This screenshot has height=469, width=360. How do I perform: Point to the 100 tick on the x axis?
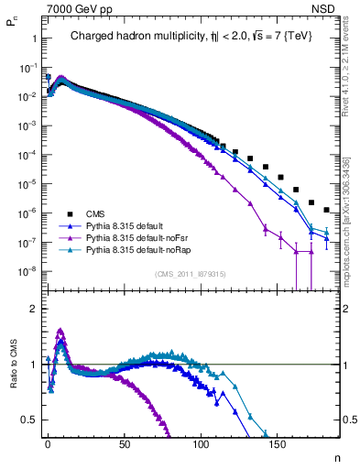tap(200, 442)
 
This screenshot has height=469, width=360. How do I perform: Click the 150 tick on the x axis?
tap(277, 442)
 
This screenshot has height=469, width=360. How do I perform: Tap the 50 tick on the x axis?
tap(124, 442)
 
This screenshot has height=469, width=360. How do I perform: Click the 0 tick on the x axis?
tap(48, 442)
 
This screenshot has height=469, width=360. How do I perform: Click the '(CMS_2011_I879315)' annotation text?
tap(190, 274)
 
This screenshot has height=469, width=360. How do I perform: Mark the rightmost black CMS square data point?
tap(327, 210)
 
